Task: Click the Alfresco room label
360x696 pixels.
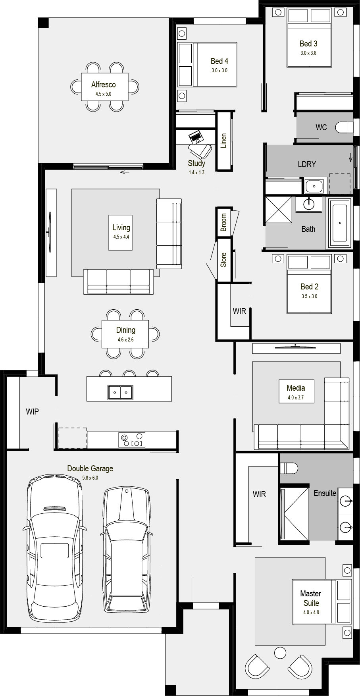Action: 104,85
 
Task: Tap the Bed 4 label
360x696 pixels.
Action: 219,61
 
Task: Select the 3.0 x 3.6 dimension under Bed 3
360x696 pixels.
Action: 308,53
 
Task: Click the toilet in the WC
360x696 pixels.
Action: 344,127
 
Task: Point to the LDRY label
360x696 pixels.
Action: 307,164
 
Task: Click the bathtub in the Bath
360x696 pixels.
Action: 340,223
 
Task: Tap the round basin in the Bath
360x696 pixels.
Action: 309,204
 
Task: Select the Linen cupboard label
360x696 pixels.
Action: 223,141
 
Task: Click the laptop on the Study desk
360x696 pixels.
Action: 196,137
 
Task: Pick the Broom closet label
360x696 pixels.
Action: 223,222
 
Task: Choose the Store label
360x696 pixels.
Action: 223,260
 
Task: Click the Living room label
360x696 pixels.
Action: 121,228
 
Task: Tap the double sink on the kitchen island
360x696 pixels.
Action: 120,392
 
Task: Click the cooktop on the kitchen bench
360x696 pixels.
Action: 132,440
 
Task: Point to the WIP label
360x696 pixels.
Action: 33,412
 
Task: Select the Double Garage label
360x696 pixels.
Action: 90,468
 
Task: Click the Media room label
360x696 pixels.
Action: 296,388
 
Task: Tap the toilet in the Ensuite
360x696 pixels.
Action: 289,468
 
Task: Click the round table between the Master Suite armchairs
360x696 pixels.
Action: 280,653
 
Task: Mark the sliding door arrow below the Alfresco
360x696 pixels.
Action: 125,172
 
